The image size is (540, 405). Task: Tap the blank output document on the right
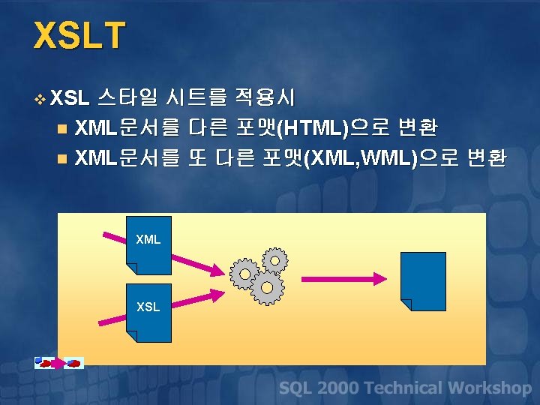[x=423, y=280]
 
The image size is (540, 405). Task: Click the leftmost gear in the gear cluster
[x=244, y=274]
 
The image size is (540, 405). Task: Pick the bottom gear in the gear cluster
[x=266, y=287]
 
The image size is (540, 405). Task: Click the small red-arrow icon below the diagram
[x=59, y=363]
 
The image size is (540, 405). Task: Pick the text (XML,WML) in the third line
[x=359, y=158]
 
